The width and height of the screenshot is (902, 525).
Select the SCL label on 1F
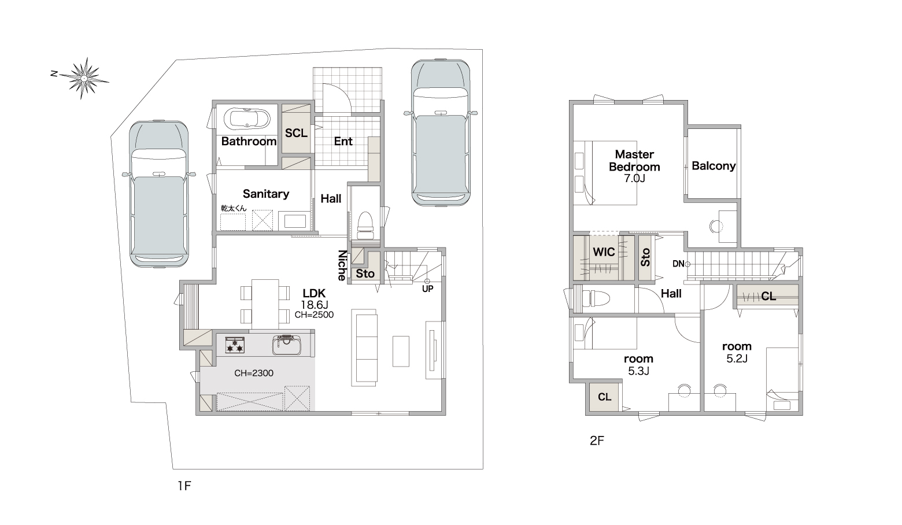(x=296, y=133)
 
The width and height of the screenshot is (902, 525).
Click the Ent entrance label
(x=343, y=141)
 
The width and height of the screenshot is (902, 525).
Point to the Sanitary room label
(x=266, y=194)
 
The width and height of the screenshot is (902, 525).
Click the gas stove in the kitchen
(x=235, y=345)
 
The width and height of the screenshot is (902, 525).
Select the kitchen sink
(x=287, y=345)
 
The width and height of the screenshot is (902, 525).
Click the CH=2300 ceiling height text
(x=254, y=373)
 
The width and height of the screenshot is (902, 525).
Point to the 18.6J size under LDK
(x=314, y=305)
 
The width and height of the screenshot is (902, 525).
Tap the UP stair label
(x=428, y=289)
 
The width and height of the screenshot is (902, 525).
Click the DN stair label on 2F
(x=678, y=264)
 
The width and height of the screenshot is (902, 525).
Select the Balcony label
(x=714, y=166)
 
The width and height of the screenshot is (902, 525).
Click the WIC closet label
(x=604, y=252)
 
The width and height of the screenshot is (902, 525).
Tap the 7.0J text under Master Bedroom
(x=635, y=178)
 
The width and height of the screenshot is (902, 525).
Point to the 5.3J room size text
(x=639, y=371)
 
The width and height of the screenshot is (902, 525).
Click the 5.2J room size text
(x=737, y=358)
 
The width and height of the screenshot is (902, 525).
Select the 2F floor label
(x=597, y=441)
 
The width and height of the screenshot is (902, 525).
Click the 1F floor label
(x=184, y=486)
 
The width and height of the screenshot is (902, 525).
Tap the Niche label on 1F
(x=342, y=265)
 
